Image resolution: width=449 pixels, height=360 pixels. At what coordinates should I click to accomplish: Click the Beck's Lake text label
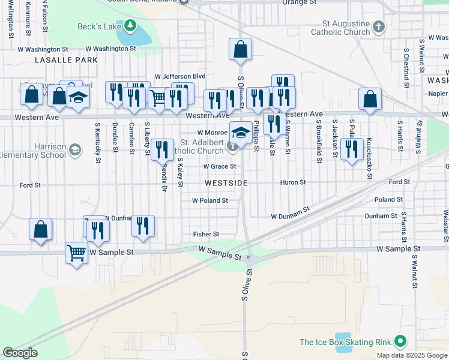(x=99, y=26)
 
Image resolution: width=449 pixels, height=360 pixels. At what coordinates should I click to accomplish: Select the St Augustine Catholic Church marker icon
(x=378, y=26)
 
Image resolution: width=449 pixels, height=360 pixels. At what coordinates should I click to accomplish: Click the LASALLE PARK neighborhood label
(x=66, y=61)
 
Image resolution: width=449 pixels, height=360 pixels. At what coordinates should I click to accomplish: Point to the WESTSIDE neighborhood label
(x=226, y=182)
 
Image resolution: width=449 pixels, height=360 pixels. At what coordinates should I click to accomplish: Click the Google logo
(x=20, y=353)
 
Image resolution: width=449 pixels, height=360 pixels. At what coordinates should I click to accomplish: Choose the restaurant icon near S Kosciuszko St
(x=352, y=148)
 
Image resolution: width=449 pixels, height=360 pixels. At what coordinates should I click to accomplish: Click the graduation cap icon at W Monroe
(x=240, y=131)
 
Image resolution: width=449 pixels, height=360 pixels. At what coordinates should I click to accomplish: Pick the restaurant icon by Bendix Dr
(x=161, y=149)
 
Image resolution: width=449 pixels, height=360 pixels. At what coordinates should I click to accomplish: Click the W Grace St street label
(x=219, y=166)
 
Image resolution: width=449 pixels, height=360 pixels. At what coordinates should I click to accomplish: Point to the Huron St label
(x=293, y=182)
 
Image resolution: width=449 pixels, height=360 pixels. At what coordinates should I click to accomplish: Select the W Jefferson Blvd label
(x=180, y=76)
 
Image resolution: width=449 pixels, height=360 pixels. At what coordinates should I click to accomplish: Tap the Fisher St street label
(x=206, y=234)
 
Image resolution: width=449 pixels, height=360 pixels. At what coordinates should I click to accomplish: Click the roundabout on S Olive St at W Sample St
(x=250, y=259)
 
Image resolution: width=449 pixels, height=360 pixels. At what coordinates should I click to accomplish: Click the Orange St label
(x=299, y=2)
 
